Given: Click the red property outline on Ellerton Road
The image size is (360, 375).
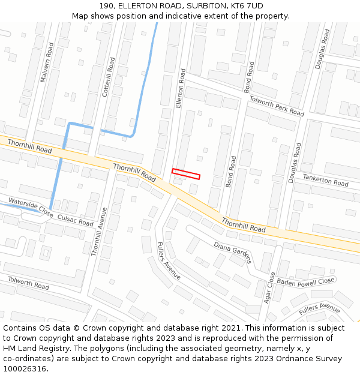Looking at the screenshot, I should tap(185, 173).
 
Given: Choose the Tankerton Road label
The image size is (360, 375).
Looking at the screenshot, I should tap(325, 179).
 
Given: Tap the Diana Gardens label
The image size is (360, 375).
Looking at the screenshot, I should tap(232, 252).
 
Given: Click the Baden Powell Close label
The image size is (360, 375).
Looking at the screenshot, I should tap(305, 281).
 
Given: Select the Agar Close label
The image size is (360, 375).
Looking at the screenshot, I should tap(269, 287).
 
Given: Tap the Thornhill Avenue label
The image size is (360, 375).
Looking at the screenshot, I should tap(98, 232).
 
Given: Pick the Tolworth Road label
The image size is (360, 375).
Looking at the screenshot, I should tap(28, 283).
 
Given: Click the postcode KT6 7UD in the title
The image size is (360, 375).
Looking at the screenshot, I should tap(247, 5).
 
